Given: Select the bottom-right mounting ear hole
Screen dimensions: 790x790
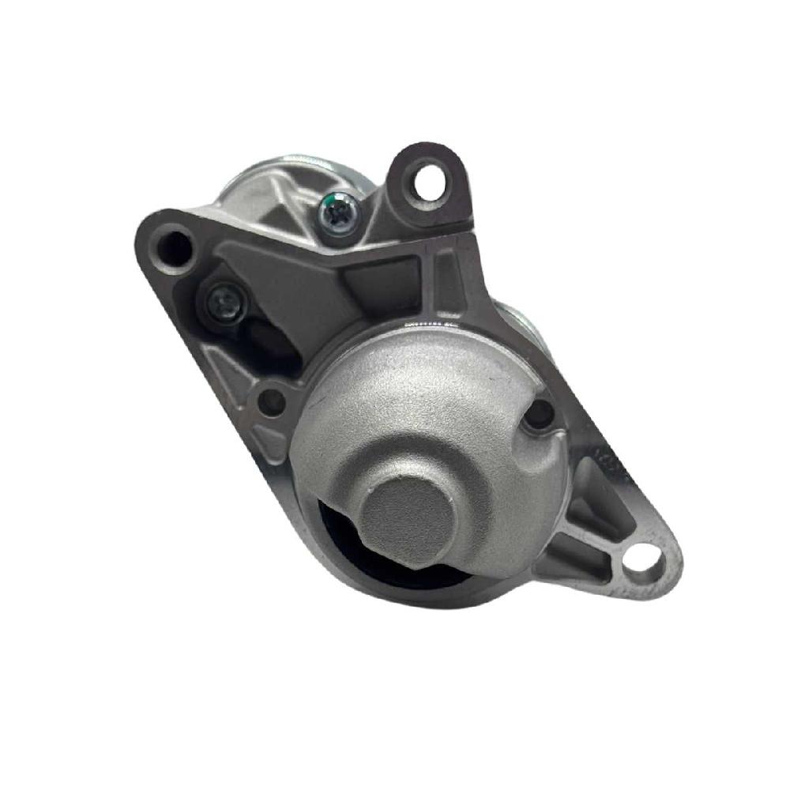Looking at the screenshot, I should coord(644,560).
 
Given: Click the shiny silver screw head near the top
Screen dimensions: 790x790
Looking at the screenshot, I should coord(336,213).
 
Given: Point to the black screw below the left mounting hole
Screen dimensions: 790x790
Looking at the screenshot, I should coord(224,301).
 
